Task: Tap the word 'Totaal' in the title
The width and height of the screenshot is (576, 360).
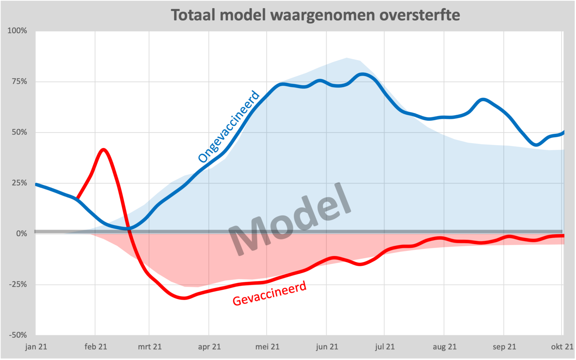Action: (x=194, y=15)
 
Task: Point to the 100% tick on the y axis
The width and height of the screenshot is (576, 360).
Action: (x=17, y=31)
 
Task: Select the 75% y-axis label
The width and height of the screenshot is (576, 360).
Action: (x=19, y=81)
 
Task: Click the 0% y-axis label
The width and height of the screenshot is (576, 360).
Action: (x=21, y=234)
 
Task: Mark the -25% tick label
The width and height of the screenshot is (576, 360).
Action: (x=18, y=284)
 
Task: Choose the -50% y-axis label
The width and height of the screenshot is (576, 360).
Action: (x=18, y=335)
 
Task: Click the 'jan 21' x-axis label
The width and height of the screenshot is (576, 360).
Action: (x=36, y=347)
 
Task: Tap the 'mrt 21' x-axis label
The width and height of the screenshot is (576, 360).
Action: (x=150, y=347)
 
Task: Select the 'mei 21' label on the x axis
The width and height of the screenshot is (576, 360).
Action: (x=267, y=347)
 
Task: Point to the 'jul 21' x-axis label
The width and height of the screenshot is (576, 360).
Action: (x=385, y=347)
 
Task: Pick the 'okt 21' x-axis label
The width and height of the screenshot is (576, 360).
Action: (x=562, y=347)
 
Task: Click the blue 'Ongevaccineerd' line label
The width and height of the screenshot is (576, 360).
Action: (x=228, y=126)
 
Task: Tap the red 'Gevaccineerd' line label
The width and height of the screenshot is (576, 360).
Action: (x=269, y=293)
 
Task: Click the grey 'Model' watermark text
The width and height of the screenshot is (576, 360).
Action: (x=290, y=219)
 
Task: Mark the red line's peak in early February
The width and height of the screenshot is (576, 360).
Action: (x=103, y=150)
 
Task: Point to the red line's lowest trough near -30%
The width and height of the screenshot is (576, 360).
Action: (x=184, y=298)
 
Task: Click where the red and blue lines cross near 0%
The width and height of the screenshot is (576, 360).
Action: (x=129, y=228)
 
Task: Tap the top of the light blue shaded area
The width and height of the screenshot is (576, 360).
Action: (x=346, y=58)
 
